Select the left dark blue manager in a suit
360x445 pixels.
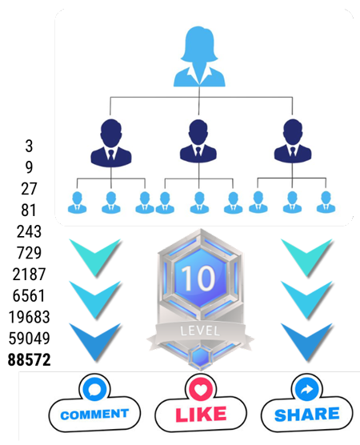click(110, 142)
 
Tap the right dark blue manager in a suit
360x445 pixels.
click(289, 142)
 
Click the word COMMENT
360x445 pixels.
click(94, 414)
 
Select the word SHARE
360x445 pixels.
click(307, 414)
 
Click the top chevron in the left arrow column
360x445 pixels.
click(95, 255)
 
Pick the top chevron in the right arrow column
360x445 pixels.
click(306, 255)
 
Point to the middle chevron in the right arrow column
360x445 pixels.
click(306, 296)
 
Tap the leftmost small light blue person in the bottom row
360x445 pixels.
click(78, 202)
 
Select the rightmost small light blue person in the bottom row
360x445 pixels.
click(324, 202)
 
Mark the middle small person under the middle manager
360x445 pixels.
click(198, 202)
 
